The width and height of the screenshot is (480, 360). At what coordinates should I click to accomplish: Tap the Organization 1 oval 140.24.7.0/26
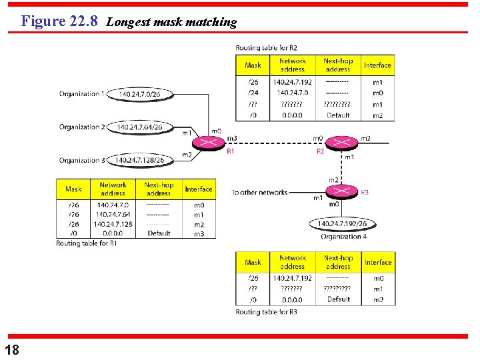click(139, 94)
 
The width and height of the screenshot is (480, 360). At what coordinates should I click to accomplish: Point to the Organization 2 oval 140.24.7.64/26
click(139, 127)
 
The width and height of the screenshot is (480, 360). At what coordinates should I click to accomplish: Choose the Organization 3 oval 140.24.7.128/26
click(140, 160)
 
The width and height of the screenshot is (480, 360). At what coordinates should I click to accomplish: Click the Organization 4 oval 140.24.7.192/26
click(341, 224)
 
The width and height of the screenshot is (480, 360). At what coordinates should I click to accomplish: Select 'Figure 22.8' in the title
click(59, 21)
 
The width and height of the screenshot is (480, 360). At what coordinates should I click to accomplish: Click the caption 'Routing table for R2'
click(266, 48)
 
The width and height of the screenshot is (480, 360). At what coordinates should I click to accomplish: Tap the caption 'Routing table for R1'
click(87, 243)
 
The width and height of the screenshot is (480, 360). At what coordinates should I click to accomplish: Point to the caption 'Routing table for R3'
click(266, 311)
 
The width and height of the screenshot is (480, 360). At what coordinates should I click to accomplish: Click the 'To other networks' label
click(259, 192)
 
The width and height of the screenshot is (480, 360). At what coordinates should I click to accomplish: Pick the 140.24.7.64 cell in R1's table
click(113, 215)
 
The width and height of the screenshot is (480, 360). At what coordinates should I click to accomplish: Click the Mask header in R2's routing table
click(253, 65)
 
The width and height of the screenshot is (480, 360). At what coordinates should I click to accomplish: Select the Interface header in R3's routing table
click(378, 262)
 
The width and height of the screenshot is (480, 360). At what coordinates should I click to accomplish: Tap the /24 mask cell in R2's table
click(253, 93)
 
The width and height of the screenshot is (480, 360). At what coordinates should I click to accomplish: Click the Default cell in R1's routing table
click(159, 233)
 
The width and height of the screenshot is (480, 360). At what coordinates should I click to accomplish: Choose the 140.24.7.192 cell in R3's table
click(292, 278)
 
